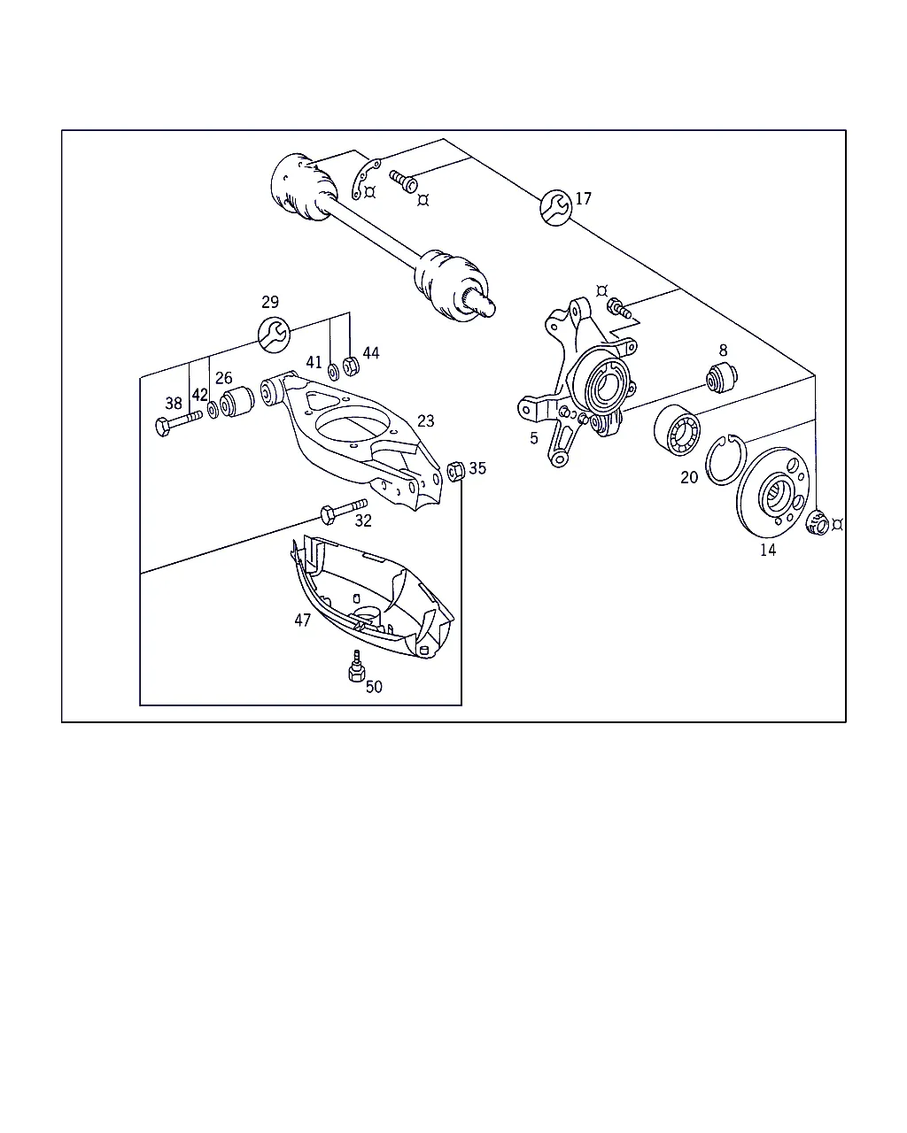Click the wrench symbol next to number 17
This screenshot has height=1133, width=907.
click(556, 207)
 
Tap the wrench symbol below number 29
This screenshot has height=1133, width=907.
click(274, 335)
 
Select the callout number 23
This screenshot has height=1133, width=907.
click(426, 420)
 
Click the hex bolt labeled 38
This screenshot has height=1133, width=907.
click(179, 422)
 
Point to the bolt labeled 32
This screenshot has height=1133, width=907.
click(344, 511)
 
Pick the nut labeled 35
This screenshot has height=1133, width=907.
click(456, 470)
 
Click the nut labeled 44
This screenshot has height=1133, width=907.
click(351, 366)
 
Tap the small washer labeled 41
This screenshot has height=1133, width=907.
click(334, 372)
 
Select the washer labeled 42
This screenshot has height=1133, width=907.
click(213, 410)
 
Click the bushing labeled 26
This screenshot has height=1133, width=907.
click(237, 401)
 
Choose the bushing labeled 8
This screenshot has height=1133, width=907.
click(722, 377)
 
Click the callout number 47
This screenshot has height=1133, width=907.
click(303, 620)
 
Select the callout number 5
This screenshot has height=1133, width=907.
click(534, 438)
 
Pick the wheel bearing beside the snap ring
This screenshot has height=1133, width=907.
click(678, 429)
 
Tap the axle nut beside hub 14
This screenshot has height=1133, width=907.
click(818, 523)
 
